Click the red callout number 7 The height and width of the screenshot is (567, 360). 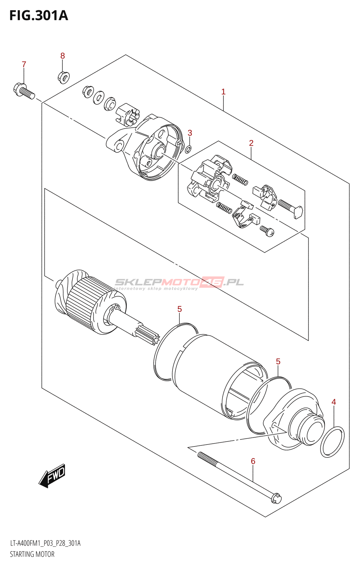[24, 64]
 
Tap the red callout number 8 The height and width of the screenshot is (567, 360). [62, 56]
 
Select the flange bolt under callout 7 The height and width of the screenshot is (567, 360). [23, 90]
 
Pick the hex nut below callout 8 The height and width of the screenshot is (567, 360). [63, 77]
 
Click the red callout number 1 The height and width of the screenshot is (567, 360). [223, 92]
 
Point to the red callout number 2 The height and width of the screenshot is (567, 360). [251, 143]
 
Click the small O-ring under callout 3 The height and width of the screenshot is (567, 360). [189, 149]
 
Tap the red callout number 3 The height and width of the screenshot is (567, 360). [190, 133]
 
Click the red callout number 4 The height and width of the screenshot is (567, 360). [333, 402]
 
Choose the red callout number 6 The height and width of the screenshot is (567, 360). [253, 461]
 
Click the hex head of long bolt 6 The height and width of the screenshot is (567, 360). [276, 498]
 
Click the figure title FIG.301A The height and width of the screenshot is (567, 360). [38, 16]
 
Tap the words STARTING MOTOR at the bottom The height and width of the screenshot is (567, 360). [32, 554]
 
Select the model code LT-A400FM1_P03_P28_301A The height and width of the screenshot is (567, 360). [45, 543]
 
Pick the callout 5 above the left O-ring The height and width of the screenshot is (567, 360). [180, 309]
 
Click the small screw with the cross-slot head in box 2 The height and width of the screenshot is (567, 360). [268, 231]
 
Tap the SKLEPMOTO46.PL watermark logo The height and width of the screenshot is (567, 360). [179, 283]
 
